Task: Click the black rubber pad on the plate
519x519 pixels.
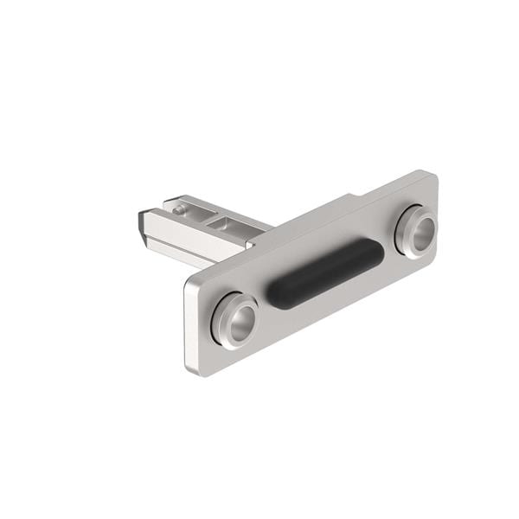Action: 324,272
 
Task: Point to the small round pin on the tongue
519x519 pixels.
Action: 178,208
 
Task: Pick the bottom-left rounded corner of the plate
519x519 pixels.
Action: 195,370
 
